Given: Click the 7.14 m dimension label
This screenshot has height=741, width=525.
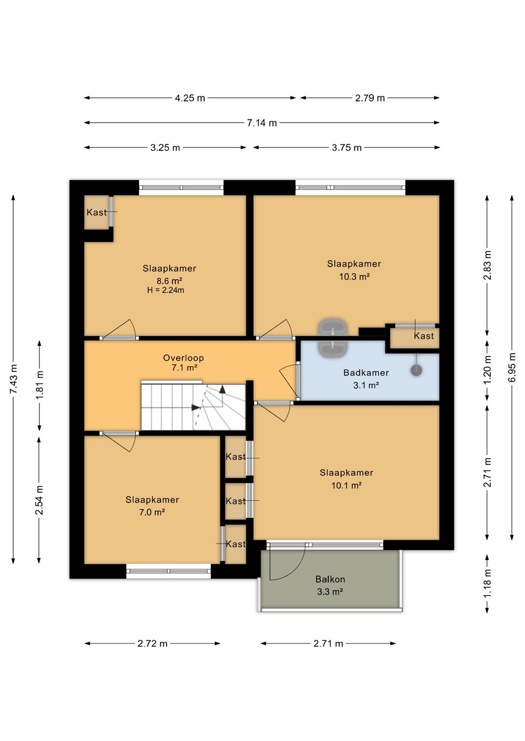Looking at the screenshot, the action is tap(262, 123).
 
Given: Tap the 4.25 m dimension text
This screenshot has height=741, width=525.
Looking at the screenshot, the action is tap(190, 98).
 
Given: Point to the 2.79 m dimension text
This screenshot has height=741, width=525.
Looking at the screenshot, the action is tap(370, 98).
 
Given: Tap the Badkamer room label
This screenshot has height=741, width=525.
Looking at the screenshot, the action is tap(366, 373).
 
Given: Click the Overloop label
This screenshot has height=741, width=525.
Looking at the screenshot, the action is tap(183, 358).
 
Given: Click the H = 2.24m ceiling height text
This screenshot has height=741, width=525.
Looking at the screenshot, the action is tap(166, 290).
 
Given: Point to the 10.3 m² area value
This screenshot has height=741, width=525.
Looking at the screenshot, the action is tap(354, 277).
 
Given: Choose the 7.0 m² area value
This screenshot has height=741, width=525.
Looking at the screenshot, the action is tap(152, 512).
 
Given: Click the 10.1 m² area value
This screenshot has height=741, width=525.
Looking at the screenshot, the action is tap(346, 485).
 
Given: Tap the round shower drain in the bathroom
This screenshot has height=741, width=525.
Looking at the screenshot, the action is tap(417, 370).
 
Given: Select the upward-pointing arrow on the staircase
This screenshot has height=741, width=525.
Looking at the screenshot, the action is tap(222, 389).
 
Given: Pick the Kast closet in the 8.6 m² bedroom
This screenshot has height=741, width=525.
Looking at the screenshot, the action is tap(96, 212).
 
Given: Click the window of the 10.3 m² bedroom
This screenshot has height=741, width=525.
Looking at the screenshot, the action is tap(350, 187).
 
